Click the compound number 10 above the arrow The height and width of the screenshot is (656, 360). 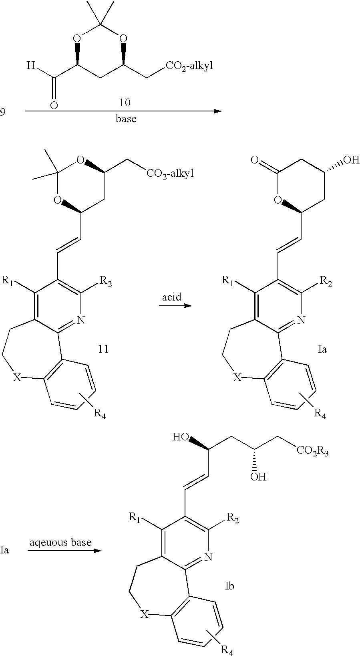point(125,103)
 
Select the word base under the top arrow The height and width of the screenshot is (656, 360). point(126,119)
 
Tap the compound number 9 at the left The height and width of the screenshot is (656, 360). point(3,112)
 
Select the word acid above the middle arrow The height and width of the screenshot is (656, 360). point(172,297)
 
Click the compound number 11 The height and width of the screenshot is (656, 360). point(103,349)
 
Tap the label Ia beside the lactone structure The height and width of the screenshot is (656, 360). point(322,349)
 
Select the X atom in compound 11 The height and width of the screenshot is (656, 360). point(17,377)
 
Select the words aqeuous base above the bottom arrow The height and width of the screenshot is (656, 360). point(60,543)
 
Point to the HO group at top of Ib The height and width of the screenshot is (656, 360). point(180,437)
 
